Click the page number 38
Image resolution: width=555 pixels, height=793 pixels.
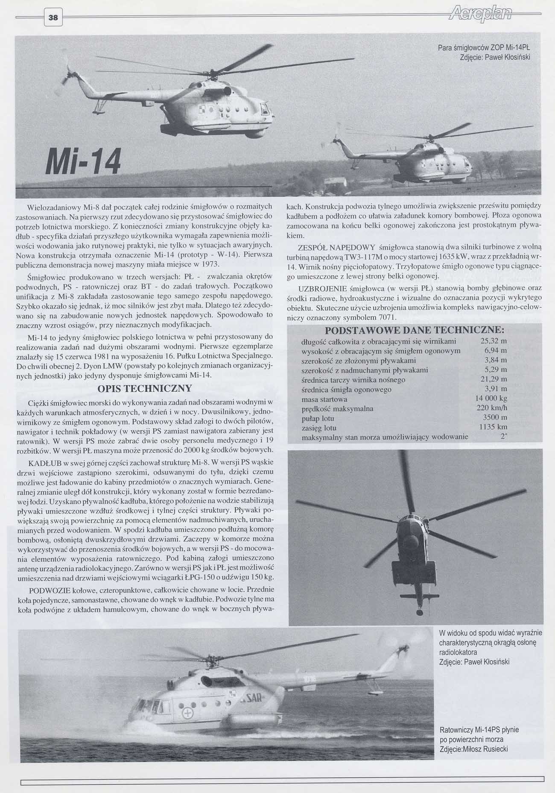[x=53, y=18]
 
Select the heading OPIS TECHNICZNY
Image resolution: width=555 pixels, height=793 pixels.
[x=145, y=388]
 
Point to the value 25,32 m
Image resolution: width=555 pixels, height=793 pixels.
[x=494, y=341]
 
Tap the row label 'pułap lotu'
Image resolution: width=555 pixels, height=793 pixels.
[x=318, y=418]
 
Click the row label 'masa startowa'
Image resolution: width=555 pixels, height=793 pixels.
[x=324, y=399]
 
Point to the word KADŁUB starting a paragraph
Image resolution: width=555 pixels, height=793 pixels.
[x=45, y=463]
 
